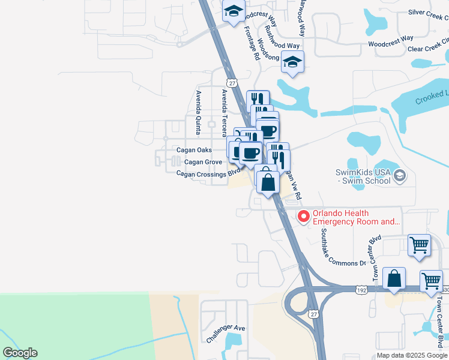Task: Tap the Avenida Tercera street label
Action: (x=224, y=112)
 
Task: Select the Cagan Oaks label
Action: (x=194, y=150)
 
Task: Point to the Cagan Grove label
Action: (x=203, y=162)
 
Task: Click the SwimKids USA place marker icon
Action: (x=401, y=176)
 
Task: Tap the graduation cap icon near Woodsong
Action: (x=293, y=62)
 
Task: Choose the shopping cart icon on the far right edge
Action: (x=431, y=280)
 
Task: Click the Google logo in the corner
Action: (x=20, y=353)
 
